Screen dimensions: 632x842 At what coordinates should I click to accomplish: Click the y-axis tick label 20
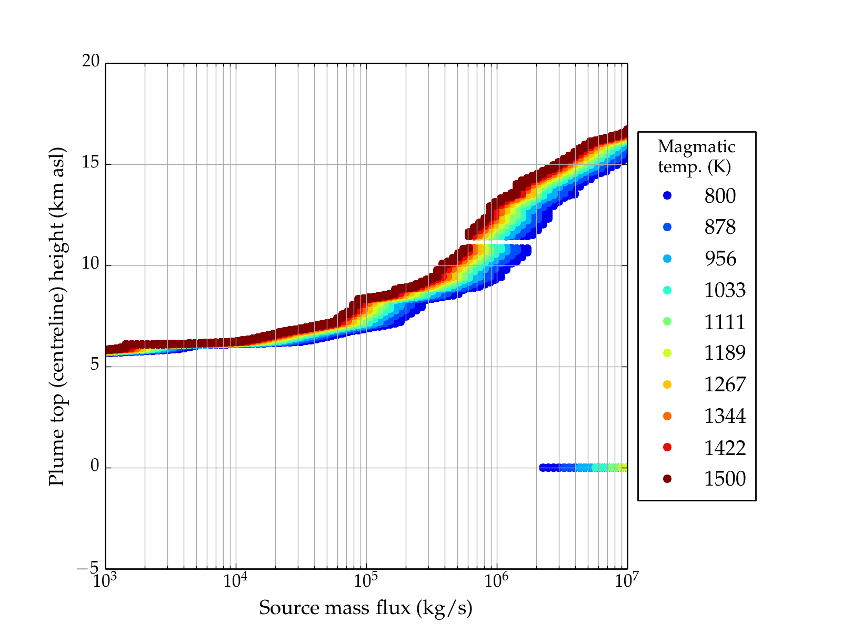91,62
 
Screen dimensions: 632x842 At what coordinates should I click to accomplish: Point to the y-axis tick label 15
91,163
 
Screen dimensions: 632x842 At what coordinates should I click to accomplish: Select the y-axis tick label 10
91,264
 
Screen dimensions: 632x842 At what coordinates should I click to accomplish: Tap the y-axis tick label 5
95,366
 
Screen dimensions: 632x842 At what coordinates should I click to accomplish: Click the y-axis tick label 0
95,467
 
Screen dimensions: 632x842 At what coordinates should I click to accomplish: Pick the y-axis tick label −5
88,568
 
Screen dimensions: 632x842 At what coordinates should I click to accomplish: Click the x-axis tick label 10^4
235,581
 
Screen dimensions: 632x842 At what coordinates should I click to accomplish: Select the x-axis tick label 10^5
366,581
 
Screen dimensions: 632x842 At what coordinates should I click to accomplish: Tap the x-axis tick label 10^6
496,581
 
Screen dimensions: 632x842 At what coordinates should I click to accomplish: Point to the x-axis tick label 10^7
627,581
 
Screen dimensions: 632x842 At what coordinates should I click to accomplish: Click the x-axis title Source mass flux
365,608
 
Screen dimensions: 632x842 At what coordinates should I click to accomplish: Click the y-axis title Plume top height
56,316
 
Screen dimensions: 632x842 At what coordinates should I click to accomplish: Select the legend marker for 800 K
667,195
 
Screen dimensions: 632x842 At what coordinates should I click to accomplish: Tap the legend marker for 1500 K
667,479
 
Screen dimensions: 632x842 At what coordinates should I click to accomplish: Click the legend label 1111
725,322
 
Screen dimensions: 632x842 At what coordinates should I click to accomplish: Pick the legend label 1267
725,384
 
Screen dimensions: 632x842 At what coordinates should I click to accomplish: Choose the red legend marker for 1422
667,447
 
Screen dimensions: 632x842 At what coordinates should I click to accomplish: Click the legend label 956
720,259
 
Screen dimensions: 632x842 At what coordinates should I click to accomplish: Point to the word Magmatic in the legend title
696,146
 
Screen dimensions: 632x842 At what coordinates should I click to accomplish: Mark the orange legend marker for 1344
667,416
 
